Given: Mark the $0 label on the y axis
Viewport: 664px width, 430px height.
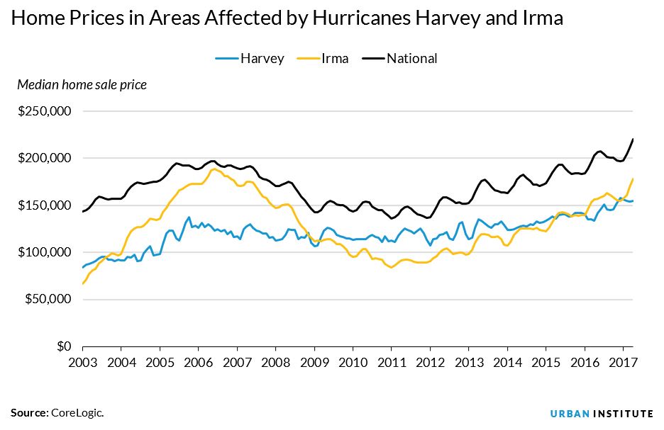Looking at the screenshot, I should [x=64, y=346].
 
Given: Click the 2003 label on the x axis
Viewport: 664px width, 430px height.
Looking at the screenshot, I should [x=83, y=361].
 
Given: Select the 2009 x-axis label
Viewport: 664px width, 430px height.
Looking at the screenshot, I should [x=314, y=361].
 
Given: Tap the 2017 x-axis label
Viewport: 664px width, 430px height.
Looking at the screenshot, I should [x=623, y=361].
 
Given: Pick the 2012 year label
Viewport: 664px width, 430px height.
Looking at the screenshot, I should [x=430, y=361].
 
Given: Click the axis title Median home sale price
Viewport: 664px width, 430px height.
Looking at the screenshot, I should [x=82, y=85].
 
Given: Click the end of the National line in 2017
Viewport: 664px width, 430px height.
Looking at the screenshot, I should [x=633, y=139].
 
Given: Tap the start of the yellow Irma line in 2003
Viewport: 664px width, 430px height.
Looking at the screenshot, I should [x=83, y=284].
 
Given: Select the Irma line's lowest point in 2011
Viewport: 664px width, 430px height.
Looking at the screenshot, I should [x=391, y=267].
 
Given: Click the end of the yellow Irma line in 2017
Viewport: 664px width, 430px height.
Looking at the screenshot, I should [x=633, y=179].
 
